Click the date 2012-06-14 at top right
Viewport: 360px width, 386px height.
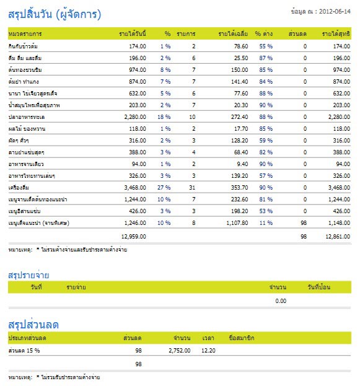[x=335, y=12]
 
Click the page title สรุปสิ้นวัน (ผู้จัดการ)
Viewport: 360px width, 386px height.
[x=55, y=14]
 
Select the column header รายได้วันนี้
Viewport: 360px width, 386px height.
[x=133, y=33]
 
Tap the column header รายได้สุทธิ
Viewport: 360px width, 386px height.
[x=336, y=33]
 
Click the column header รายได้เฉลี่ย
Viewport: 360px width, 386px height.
[x=233, y=33]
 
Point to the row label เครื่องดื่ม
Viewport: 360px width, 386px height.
[x=19, y=187]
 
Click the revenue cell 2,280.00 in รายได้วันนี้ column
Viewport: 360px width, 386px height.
[x=135, y=117]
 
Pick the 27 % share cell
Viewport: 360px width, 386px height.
[x=164, y=188]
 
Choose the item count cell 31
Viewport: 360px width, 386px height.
[x=192, y=188]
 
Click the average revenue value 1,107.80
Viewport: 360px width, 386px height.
[x=237, y=223]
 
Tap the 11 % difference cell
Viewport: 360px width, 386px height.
[x=266, y=223]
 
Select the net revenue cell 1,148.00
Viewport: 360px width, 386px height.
[x=339, y=223]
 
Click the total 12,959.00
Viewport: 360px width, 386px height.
[x=134, y=237]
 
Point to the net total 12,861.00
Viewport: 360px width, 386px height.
[x=338, y=237]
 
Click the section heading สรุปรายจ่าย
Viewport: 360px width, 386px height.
[x=29, y=274]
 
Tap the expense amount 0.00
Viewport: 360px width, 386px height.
[x=281, y=301]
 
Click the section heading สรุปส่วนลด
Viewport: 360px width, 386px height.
[x=33, y=325]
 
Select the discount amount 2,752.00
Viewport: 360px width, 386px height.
[x=180, y=351]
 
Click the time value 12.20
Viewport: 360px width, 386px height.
[x=208, y=351]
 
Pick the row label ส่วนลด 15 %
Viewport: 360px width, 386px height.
[x=24, y=350]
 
